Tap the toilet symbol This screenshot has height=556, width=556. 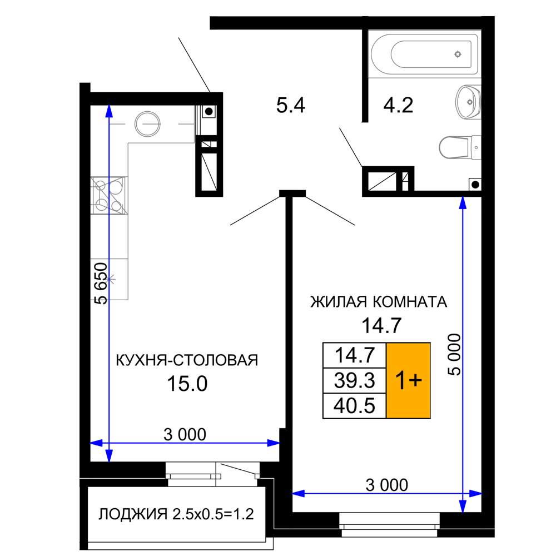(x=458, y=147)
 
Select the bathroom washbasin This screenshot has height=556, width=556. (x=467, y=102)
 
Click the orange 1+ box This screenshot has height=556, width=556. (x=409, y=380)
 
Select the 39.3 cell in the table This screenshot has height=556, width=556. (x=354, y=380)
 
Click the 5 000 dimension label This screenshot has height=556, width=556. (x=455, y=355)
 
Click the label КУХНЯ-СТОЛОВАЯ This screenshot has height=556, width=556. (x=186, y=360)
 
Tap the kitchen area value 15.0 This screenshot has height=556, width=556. (x=187, y=383)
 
